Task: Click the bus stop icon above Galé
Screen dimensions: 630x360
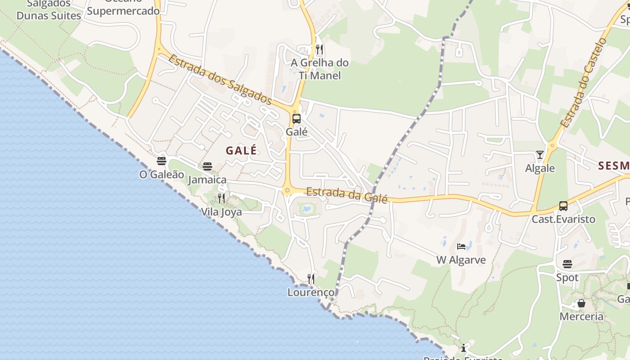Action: pos(296,119)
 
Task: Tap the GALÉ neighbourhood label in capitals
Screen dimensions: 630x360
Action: pos(241,150)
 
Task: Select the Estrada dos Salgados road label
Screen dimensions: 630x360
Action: pos(220,79)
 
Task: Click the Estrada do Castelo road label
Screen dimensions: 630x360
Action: pos(584,83)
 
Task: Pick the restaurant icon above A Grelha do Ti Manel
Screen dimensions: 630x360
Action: pos(319,49)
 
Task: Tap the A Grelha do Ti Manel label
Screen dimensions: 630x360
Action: pos(319,69)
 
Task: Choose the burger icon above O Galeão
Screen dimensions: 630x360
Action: pos(162,161)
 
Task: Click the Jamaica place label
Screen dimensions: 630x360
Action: pos(207,180)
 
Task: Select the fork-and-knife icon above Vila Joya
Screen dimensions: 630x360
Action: pos(221,198)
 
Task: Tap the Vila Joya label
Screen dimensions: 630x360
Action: pos(221,211)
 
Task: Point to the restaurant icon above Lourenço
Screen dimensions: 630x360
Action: pos(311,279)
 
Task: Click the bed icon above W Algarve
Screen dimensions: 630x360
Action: pos(461,247)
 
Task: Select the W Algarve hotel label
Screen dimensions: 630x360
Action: pos(461,260)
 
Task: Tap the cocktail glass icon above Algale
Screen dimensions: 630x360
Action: pos(540,155)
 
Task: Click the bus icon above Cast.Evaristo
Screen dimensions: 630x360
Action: pos(563,206)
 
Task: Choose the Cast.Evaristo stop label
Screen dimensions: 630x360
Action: pos(563,219)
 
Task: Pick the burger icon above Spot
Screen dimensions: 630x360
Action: pos(567,264)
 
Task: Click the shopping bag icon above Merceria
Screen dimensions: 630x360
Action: pos(581,303)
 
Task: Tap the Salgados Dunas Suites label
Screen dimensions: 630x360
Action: pos(49,10)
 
